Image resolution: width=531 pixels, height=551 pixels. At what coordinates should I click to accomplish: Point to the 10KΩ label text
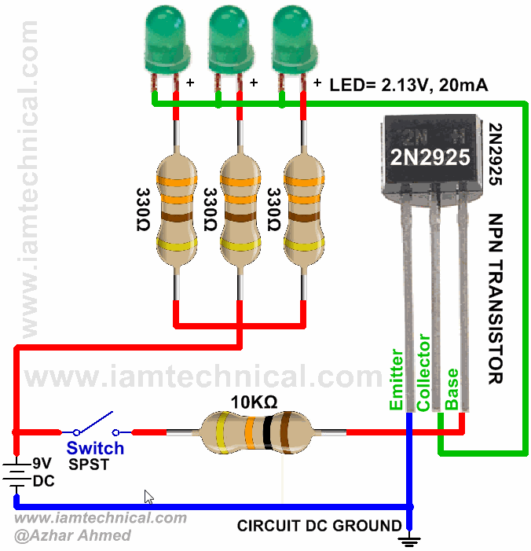(x=254, y=401)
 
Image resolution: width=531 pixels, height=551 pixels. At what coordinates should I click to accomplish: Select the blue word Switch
(x=95, y=448)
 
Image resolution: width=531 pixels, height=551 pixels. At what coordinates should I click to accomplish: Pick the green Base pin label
(x=452, y=389)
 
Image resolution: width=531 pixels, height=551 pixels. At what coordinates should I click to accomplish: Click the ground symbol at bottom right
(x=409, y=538)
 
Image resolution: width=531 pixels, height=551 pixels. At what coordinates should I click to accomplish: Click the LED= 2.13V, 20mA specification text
(x=408, y=85)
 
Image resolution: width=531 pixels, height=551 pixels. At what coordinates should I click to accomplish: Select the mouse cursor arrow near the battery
(x=148, y=497)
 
